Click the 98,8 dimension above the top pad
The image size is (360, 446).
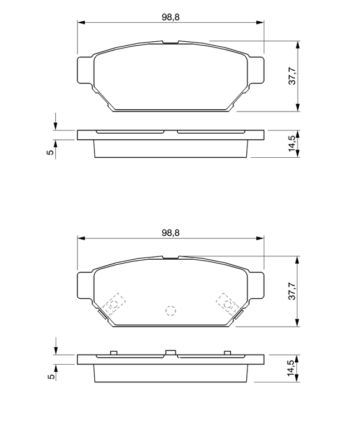(x=171, y=17)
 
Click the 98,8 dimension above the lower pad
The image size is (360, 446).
(x=171, y=232)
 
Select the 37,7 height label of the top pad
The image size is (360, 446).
(x=292, y=76)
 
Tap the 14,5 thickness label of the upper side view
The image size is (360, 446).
(x=292, y=144)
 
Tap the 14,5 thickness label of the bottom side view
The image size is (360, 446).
(x=292, y=368)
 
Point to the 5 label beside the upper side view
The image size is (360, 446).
(x=50, y=152)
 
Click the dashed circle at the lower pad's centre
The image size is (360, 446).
(x=171, y=311)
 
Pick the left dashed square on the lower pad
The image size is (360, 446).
(x=114, y=304)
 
